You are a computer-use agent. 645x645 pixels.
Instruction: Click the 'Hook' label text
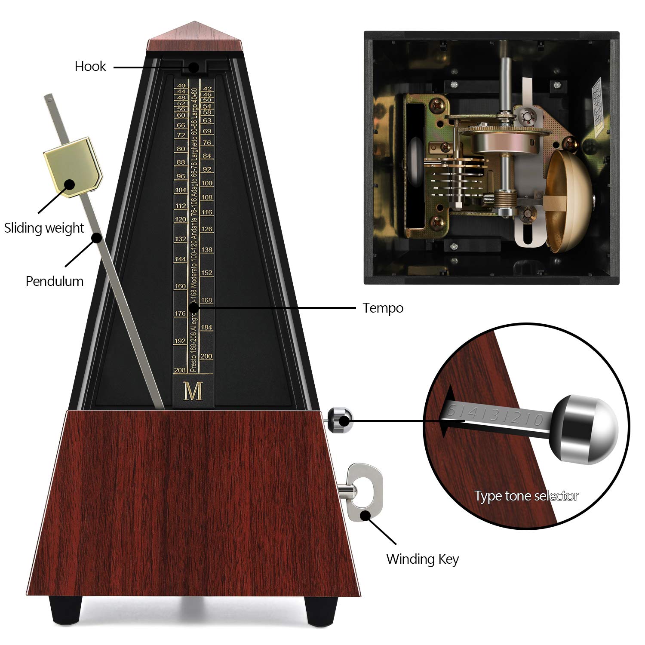(x=90, y=66)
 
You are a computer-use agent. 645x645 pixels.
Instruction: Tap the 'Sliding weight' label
(x=44, y=228)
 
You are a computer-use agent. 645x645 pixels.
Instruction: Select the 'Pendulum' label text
(x=54, y=281)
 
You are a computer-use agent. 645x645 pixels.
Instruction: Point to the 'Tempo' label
(x=383, y=308)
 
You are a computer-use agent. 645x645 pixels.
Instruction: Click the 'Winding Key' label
(x=422, y=559)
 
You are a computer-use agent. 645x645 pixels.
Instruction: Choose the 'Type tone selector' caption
(x=526, y=496)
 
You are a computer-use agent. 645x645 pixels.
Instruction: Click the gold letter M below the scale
(x=193, y=391)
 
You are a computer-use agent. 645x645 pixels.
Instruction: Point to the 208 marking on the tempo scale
(x=180, y=370)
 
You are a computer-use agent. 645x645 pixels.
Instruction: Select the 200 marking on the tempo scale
(x=206, y=356)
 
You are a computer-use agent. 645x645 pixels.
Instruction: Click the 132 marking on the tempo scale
(x=180, y=239)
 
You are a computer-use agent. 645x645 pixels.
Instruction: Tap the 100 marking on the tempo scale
(x=207, y=183)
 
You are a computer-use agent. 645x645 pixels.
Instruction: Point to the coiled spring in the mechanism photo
(x=504, y=200)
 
